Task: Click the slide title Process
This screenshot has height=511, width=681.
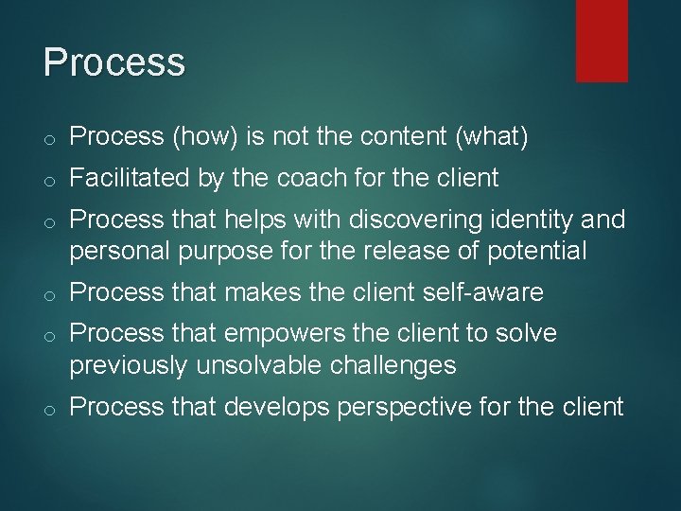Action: pos(113,62)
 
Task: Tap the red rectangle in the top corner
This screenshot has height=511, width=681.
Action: pos(602,41)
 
